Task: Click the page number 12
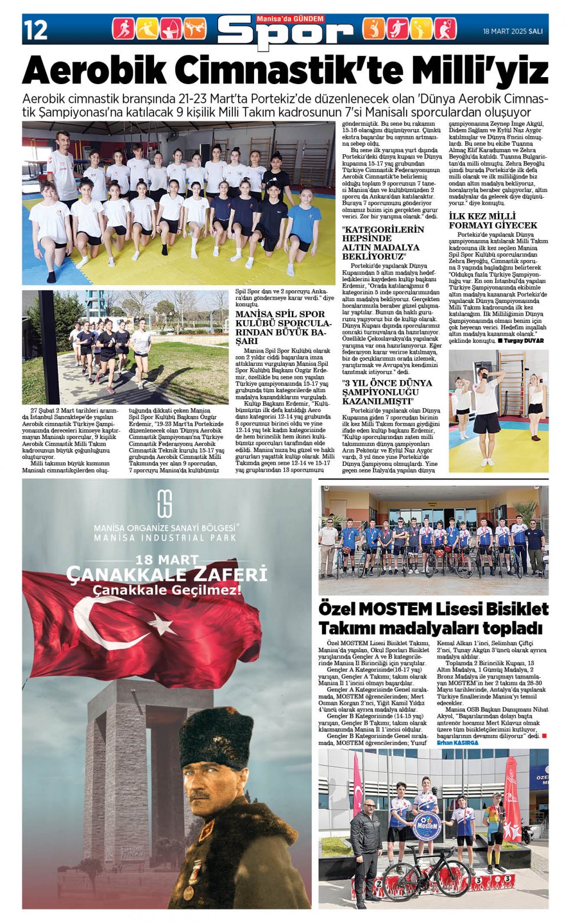click(x=35, y=30)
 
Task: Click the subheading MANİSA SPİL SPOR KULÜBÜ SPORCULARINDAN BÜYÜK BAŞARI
click(x=280, y=327)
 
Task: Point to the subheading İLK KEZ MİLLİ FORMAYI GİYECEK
click(x=485, y=221)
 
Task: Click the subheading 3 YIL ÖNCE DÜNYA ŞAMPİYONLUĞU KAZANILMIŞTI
click(x=387, y=392)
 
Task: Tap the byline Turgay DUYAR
click(x=523, y=341)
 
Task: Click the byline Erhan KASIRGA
click(x=457, y=742)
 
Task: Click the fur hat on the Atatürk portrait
click(x=216, y=738)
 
